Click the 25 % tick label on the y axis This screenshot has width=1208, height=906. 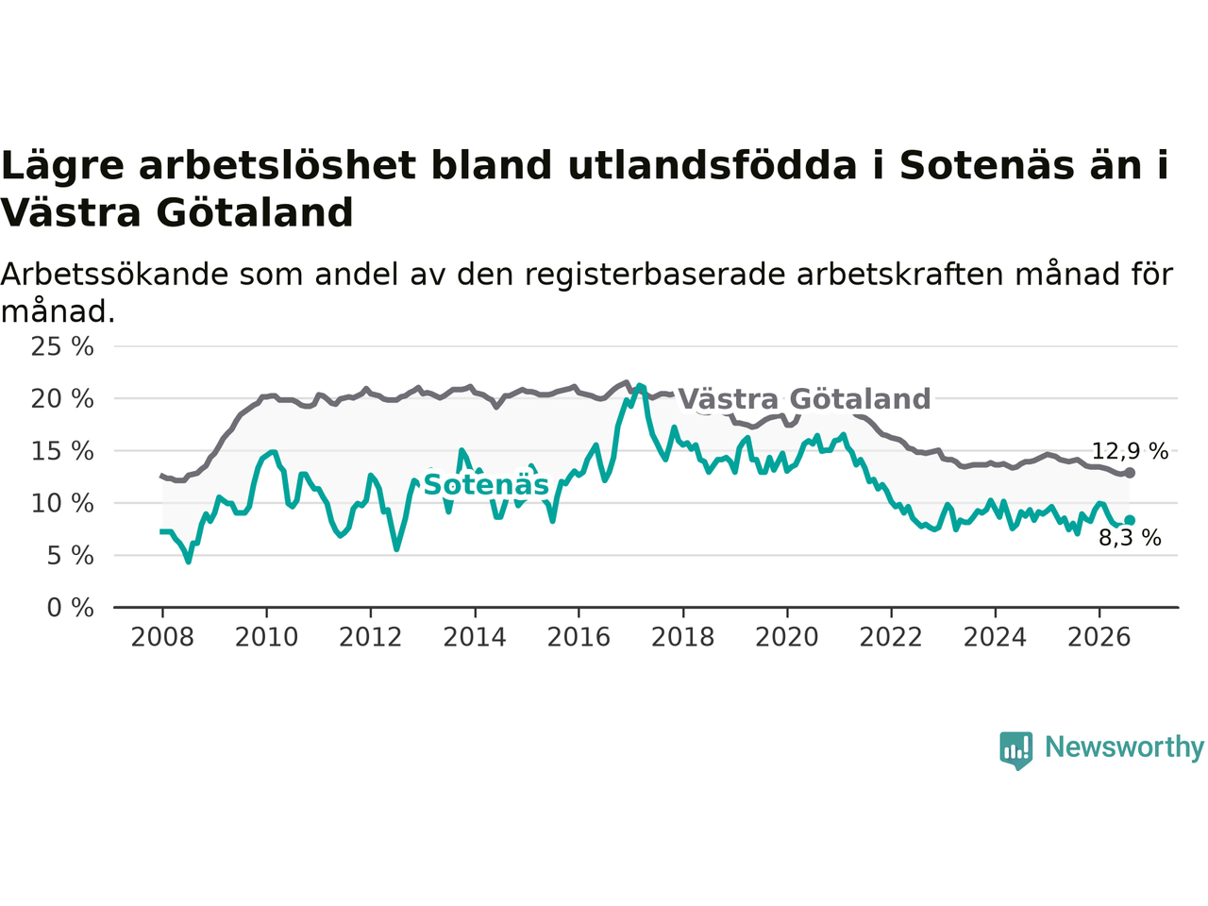(62, 347)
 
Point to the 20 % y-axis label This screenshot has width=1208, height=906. (62, 399)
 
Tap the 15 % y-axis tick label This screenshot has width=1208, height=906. (62, 452)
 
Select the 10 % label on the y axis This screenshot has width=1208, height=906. (62, 504)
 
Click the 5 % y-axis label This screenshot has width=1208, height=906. (70, 556)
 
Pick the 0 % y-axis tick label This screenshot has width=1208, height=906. (70, 609)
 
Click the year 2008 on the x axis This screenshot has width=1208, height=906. (162, 638)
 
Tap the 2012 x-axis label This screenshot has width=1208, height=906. (370, 638)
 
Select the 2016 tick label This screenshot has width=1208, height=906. (579, 638)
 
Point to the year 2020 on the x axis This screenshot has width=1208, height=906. (787, 638)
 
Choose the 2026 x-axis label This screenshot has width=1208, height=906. (1099, 638)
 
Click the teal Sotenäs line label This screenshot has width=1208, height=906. (486, 485)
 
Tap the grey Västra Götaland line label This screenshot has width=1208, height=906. (805, 399)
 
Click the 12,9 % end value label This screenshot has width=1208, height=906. (1130, 452)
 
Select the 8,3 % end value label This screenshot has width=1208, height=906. (1130, 538)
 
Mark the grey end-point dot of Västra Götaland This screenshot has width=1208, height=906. (1130, 473)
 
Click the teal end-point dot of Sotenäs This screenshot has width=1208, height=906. (1130, 520)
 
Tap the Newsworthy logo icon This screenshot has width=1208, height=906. (1015, 750)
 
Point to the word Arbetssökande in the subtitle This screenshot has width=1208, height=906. (114, 275)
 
